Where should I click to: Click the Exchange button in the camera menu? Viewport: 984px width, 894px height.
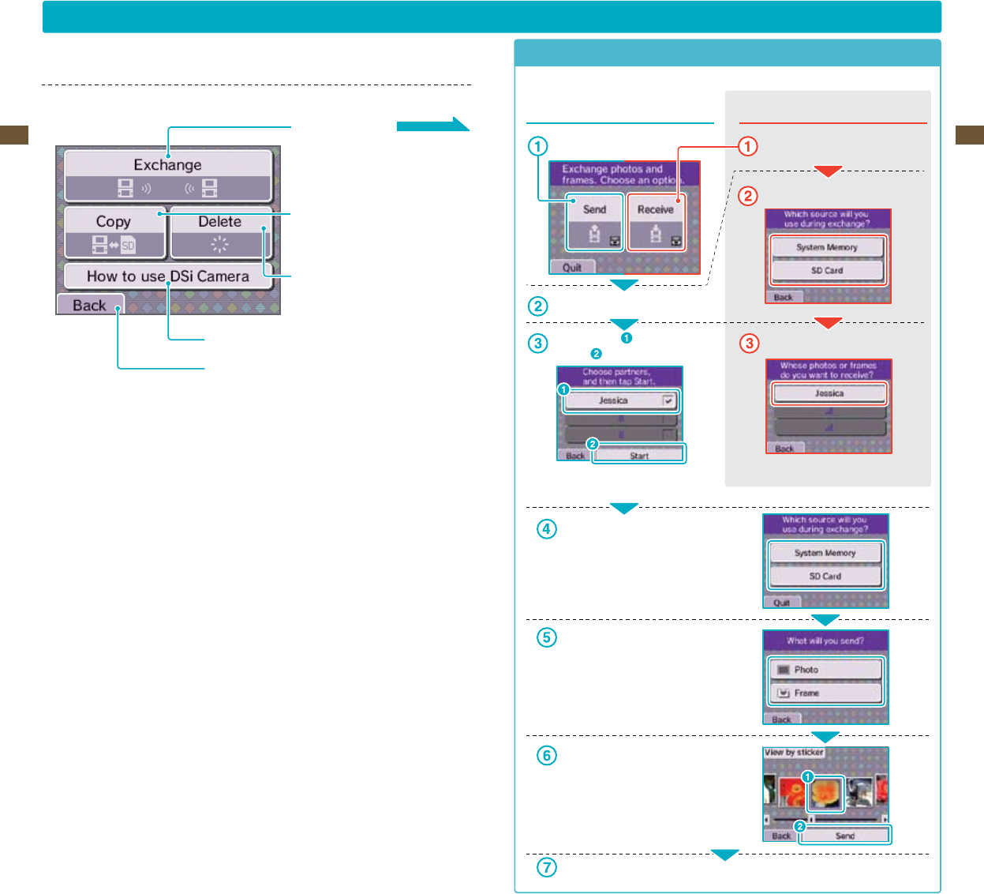pyautogui.click(x=168, y=175)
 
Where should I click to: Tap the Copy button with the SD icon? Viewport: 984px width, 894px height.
pyautogui.click(x=114, y=232)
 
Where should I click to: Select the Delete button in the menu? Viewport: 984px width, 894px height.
pyautogui.click(x=220, y=232)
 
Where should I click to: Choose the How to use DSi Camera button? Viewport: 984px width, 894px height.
pyautogui.click(x=168, y=276)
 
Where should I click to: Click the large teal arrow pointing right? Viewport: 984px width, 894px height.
pyautogui.click(x=432, y=125)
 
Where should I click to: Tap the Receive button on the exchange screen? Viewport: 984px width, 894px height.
pyautogui.click(x=656, y=222)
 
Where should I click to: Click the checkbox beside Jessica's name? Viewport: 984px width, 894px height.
pyautogui.click(x=668, y=400)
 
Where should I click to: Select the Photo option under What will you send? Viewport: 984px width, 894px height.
pyautogui.click(x=825, y=670)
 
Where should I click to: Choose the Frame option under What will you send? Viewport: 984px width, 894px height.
pyautogui.click(x=825, y=693)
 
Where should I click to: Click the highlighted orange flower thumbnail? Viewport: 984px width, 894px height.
pyautogui.click(x=825, y=793)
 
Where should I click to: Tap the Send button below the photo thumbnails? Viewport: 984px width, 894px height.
pyautogui.click(x=844, y=836)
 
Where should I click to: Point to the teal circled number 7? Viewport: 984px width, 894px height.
pyautogui.click(x=546, y=867)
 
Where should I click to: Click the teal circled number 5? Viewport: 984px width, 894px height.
pyautogui.click(x=546, y=637)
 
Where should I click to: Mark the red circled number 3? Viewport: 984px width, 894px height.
pyautogui.click(x=749, y=344)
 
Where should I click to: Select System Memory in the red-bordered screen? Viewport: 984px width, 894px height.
pyautogui.click(x=827, y=247)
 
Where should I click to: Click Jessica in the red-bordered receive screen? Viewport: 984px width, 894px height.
pyautogui.click(x=829, y=393)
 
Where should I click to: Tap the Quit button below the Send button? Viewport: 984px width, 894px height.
pyautogui.click(x=572, y=268)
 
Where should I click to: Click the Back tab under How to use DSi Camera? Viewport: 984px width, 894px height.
pyautogui.click(x=90, y=305)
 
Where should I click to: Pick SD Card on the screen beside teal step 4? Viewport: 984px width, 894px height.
pyautogui.click(x=825, y=577)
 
